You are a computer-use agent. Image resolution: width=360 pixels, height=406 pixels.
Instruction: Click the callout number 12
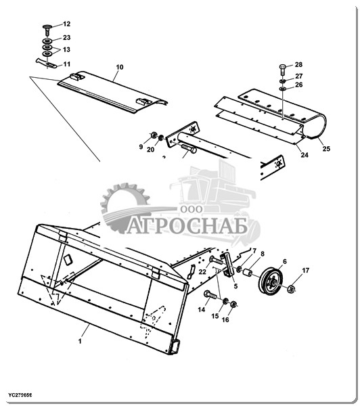point(66,24)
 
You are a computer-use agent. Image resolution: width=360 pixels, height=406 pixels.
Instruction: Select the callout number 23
point(66,38)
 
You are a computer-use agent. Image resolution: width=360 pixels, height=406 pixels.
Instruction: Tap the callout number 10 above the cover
point(120,67)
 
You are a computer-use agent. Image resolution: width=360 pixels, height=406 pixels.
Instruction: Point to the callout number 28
point(298,65)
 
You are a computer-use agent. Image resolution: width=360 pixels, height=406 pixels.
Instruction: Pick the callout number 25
point(326,149)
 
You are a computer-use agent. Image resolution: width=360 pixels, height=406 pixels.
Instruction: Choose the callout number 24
point(305,155)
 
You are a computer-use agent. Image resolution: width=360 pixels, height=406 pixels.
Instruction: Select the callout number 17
point(306,271)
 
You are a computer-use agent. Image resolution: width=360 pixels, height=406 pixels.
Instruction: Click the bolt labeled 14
point(210,295)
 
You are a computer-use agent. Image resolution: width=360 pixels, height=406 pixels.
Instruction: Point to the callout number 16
point(225,320)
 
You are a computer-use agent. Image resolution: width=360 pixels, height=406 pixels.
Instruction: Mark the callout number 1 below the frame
point(80,341)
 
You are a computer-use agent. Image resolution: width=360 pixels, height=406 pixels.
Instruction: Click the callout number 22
point(202,272)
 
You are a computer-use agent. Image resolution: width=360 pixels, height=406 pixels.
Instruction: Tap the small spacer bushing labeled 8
point(248,273)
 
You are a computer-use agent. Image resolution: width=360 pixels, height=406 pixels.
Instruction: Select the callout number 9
point(141,147)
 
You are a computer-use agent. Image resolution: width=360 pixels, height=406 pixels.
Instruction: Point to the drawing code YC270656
point(20,395)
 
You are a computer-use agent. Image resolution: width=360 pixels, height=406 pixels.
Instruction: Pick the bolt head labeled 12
point(47,27)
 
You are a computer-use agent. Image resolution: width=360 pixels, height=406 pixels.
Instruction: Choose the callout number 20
point(150,150)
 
